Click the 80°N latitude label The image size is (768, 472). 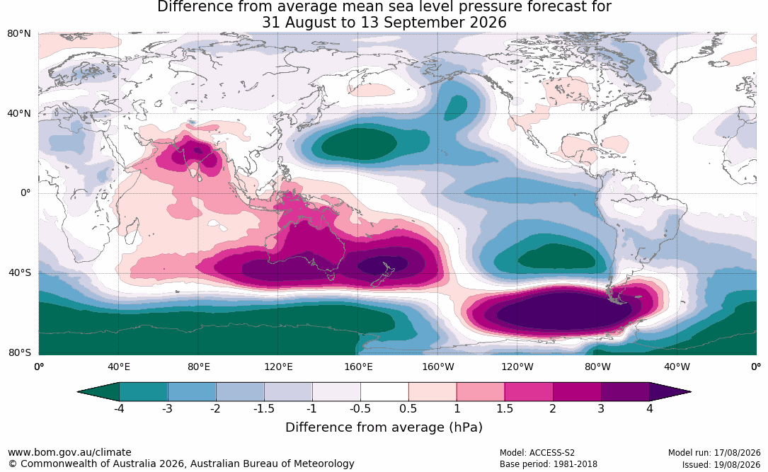pos(18,34)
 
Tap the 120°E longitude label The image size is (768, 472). pos(278,367)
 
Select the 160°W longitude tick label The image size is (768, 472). pos(438,367)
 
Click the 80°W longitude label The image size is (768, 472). pos(597,367)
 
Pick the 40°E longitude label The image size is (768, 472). pos(119,367)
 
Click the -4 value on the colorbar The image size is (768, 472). pos(118,408)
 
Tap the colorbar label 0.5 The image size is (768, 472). pos(408,408)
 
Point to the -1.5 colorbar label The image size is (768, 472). pos(263,408)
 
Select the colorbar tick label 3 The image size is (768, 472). pos(601,408)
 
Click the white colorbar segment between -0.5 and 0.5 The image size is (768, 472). pos(384,392)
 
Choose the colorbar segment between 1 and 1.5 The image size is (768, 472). pos(481,392)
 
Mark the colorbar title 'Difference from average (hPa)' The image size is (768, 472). pos(384,427)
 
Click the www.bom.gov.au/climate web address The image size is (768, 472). pos(69,452)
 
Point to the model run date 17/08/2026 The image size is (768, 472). pos(739,453)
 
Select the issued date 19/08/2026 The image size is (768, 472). pos(739,464)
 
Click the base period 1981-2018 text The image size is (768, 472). pos(574,464)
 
